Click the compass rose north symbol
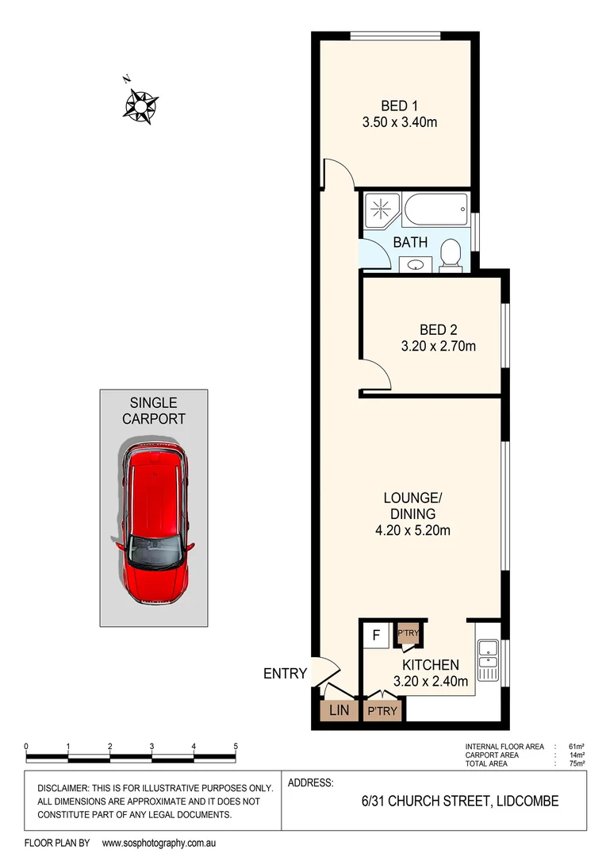pos(140,104)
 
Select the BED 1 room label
pos(399,106)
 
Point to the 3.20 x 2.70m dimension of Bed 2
pos(439,346)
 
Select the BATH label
pos(410,242)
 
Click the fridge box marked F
pos(376,636)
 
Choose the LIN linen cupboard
pos(339,711)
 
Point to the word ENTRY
pos(285,674)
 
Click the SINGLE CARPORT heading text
pos(154,411)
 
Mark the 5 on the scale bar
pos(236,746)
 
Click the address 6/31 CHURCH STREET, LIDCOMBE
pos(459,801)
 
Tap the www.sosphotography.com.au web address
pos(159,843)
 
